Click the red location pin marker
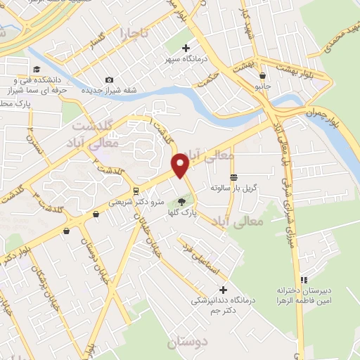click(x=181, y=165)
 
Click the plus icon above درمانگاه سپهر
click(x=186, y=48)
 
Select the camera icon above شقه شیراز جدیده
click(x=108, y=80)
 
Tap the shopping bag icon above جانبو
click(x=262, y=76)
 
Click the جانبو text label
click(x=263, y=87)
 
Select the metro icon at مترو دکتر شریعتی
click(x=135, y=191)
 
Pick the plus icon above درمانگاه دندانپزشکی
click(x=223, y=289)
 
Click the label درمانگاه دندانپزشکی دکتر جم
click(x=223, y=305)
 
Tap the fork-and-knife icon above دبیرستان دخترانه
click(x=304, y=279)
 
